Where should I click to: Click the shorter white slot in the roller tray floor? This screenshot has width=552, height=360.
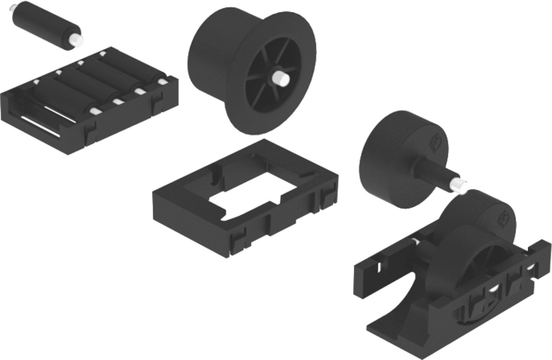coord(61,113)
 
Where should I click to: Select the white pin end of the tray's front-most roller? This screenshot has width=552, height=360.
coord(94,111)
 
